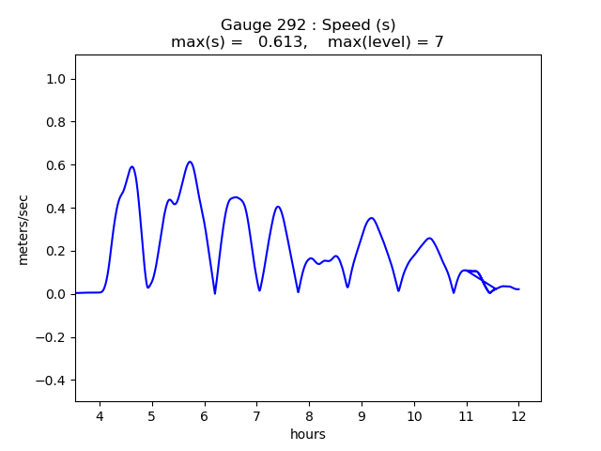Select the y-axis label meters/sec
(23, 229)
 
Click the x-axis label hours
(308, 434)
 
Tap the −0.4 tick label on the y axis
(54, 381)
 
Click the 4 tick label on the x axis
(100, 416)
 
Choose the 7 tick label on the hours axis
(256, 416)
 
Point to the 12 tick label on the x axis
(518, 416)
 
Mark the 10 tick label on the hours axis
(414, 416)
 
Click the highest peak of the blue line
(190, 162)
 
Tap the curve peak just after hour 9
(372, 218)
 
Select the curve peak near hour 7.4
(278, 207)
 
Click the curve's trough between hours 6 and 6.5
(215, 293)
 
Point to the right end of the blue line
(518, 289)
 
